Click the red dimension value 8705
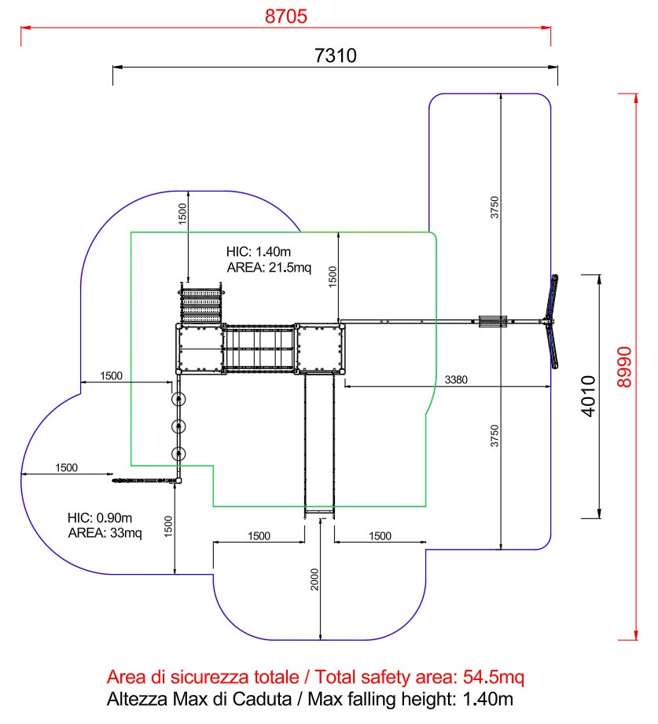286,16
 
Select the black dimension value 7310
336,56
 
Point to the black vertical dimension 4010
589,396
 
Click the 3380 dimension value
456,380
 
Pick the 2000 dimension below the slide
314,580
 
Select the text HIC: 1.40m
259,252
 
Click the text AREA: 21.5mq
269,268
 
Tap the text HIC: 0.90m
100,517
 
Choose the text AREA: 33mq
105,533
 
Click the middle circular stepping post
180,426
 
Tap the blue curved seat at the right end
555,321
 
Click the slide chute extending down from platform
319,444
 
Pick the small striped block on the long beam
492,321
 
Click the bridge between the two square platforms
259,348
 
